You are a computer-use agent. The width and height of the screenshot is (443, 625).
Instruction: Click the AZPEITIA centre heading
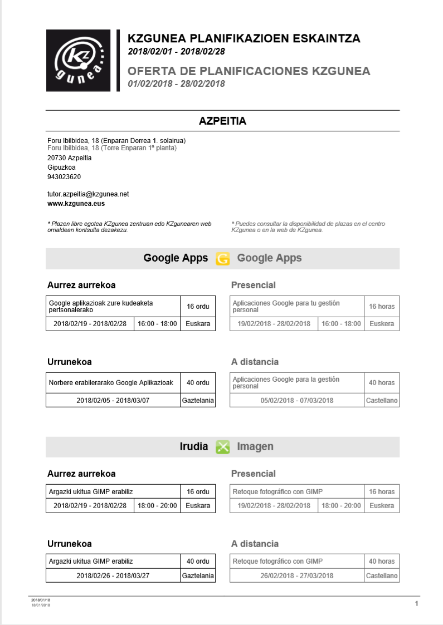222,121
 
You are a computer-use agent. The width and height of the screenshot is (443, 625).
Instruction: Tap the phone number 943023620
64,177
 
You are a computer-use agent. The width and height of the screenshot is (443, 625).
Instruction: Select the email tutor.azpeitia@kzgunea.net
88,194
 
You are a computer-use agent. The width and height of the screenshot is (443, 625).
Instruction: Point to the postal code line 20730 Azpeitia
70,158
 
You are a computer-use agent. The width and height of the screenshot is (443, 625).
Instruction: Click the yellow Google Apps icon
222,259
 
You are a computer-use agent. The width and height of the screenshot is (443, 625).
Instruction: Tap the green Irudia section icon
222,447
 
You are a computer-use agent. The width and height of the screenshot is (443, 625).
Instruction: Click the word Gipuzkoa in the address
61,168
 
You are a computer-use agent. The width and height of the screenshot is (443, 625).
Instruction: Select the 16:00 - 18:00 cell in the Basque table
157,324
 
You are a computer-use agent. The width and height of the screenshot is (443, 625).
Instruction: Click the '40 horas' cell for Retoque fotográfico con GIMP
382,562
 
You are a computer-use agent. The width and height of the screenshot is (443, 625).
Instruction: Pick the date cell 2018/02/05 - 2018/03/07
113,401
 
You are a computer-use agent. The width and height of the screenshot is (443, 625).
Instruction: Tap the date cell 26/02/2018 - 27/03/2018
297,576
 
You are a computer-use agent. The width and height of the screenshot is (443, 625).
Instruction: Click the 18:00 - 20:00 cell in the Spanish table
341,506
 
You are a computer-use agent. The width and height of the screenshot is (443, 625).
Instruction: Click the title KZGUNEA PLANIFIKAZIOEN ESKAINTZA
244,38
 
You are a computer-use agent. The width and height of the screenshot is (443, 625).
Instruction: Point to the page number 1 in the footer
416,604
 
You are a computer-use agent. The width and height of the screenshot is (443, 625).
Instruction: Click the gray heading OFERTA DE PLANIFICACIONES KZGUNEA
249,71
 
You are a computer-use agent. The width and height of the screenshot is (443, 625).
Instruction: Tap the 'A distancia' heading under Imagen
255,544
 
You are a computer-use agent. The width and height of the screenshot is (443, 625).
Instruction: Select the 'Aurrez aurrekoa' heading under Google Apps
81,285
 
